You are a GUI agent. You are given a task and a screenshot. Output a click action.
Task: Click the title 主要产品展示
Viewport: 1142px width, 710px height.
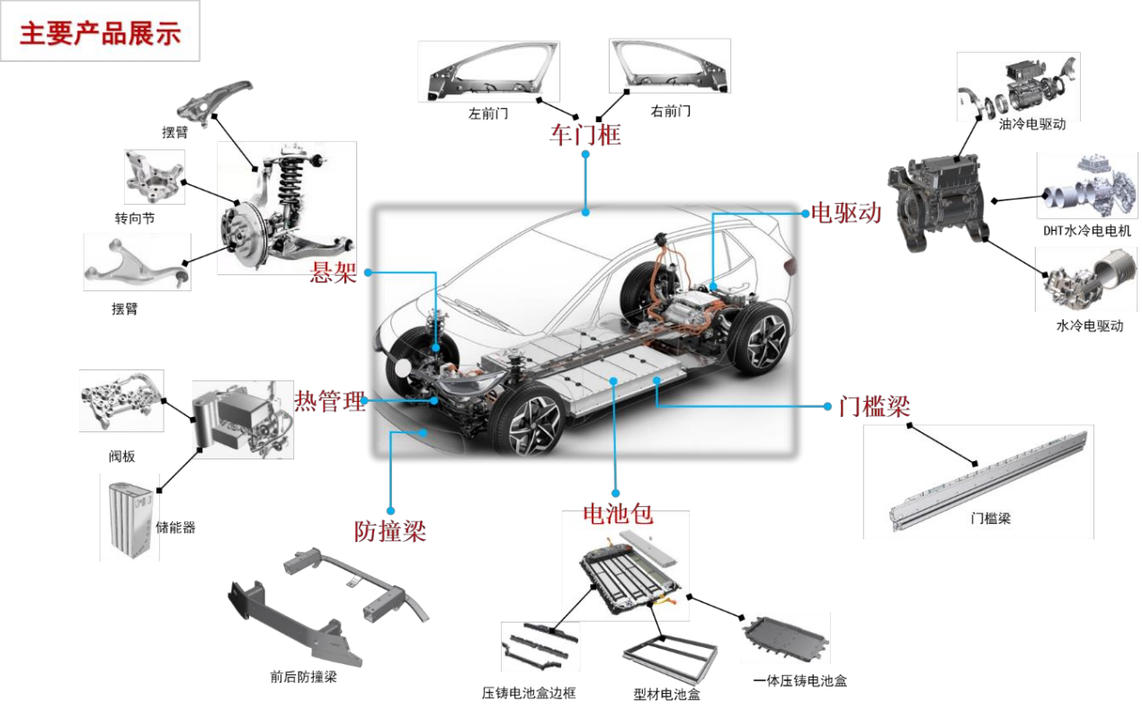click(100, 33)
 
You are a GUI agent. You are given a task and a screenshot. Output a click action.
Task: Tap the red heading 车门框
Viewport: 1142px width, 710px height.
click(584, 136)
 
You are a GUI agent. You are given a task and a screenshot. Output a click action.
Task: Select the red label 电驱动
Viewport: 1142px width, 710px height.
click(846, 212)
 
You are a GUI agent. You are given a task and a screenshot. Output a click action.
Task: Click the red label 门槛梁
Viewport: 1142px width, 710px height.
click(874, 407)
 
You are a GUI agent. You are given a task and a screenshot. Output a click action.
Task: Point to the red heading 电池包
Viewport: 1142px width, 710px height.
click(618, 514)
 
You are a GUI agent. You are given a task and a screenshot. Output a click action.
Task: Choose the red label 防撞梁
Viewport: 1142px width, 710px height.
click(390, 531)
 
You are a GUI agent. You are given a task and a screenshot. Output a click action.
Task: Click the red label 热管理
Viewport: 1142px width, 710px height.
click(330, 401)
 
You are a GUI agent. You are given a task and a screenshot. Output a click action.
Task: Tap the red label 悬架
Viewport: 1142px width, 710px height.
click(333, 272)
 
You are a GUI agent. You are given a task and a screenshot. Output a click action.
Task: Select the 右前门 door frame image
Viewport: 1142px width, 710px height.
click(670, 67)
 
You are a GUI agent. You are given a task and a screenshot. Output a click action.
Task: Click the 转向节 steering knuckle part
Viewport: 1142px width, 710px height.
click(154, 177)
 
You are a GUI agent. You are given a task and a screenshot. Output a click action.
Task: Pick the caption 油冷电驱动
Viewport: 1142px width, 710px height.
click(1032, 124)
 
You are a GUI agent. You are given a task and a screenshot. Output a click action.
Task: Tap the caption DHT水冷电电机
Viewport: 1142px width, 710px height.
click(1087, 231)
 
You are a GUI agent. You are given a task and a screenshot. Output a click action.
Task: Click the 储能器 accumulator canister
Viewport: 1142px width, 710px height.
click(130, 519)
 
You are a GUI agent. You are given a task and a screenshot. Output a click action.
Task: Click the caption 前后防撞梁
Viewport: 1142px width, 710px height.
click(303, 677)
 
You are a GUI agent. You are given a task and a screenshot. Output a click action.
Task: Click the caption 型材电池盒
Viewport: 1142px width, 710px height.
click(667, 694)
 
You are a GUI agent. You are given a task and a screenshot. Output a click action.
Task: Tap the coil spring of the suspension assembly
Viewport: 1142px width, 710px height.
click(290, 181)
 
